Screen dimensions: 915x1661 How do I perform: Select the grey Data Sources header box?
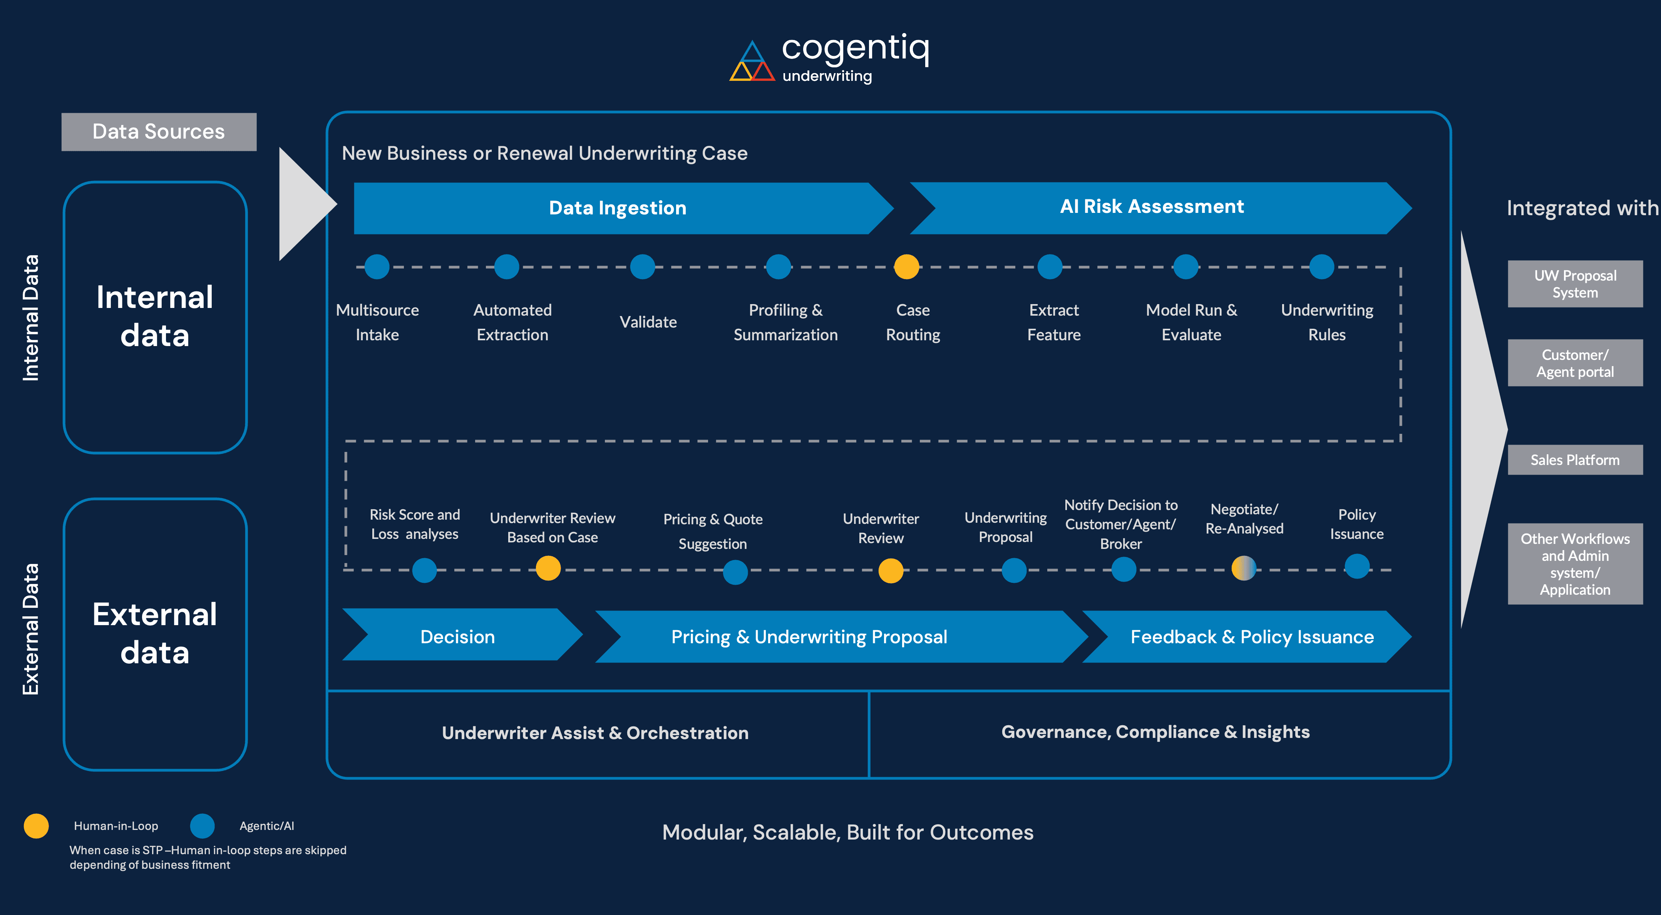(159, 132)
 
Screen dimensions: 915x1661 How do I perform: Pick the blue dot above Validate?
(642, 266)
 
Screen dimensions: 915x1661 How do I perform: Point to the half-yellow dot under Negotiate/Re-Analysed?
(1243, 568)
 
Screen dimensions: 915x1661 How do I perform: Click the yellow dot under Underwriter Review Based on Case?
(548, 568)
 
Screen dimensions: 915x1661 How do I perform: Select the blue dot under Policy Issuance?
(1357, 567)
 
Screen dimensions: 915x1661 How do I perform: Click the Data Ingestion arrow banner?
(617, 207)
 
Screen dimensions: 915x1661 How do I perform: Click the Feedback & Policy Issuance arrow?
(1252, 636)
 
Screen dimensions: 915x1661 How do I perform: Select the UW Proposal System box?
(1575, 284)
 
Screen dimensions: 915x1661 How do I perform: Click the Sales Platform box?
(1575, 460)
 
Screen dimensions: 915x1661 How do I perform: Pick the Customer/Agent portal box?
(1575, 363)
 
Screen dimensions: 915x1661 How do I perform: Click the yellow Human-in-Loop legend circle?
(36, 825)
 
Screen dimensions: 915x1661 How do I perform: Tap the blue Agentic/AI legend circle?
(203, 825)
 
